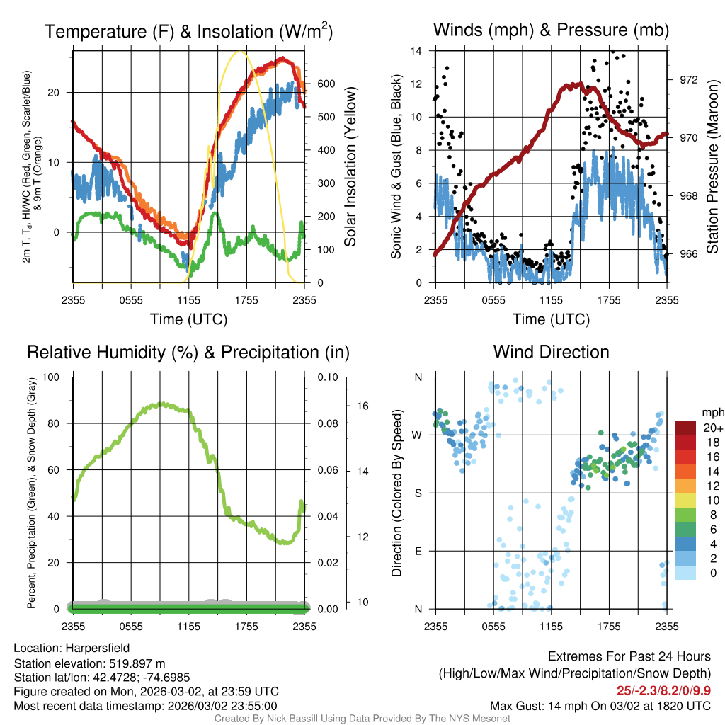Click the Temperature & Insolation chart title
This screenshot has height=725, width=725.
coord(188,32)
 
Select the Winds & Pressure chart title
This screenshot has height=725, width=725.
coord(551,30)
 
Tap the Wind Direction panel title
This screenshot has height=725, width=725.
coord(551,352)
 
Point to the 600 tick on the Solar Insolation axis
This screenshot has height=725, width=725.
coord(326,84)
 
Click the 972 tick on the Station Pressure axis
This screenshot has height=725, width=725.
coord(687,79)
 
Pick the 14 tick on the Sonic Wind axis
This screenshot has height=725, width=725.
coord(416,51)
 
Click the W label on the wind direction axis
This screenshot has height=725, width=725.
coord(418,435)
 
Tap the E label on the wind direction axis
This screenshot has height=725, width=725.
coord(418,551)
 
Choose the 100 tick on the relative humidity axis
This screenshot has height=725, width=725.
coord(59,377)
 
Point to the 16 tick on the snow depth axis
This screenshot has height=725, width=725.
coord(362,406)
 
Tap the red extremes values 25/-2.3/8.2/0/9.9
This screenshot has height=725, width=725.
coord(663,690)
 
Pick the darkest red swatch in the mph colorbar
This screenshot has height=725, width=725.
coord(685,428)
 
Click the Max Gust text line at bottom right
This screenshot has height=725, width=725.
coord(600,706)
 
